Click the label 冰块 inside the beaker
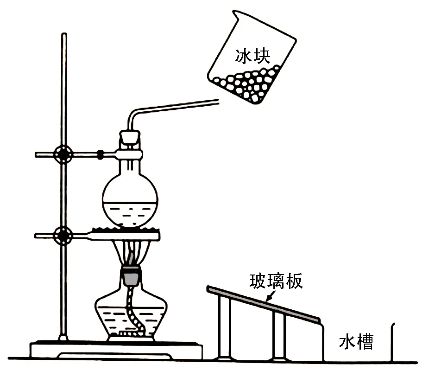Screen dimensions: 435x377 pos(252,56)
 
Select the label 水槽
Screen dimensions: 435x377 pos(356,341)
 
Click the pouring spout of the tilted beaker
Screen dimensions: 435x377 pos(235,13)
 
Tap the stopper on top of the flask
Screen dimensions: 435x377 pos(129,137)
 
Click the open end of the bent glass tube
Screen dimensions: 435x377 pos(218,102)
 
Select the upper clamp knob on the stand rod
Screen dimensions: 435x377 pos(63,154)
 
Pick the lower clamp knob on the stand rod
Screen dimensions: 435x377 pos(63,236)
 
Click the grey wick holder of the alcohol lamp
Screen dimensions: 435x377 pos(131,277)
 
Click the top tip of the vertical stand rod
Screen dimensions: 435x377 pos(64,34)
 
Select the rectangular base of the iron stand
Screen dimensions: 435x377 pos(116,351)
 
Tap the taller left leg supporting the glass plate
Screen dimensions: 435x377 pos(225,327)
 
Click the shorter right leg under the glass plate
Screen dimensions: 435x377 pos(279,335)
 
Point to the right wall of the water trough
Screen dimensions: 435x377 pos(392,343)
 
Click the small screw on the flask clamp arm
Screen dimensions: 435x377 pos(100,154)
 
